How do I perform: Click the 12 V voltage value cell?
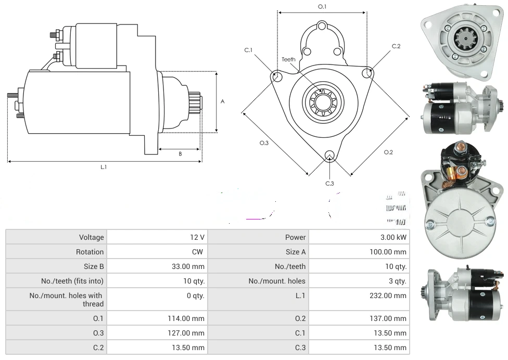pos(197,237)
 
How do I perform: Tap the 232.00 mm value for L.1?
pos(393,295)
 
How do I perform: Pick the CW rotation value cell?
pos(198,252)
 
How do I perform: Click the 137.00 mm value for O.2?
pos(393,318)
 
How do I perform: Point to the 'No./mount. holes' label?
pos(277,281)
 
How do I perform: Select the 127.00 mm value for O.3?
pos(191,333)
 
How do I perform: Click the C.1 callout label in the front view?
pos(248,50)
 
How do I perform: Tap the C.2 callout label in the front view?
pos(396,46)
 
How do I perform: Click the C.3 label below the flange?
pos(329,183)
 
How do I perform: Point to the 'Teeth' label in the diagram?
pos(288,59)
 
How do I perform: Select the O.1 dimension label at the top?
pos(322,7)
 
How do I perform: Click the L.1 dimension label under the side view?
pos(104,167)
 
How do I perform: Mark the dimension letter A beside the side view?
pos(223,101)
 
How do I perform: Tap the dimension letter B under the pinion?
pos(180,153)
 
